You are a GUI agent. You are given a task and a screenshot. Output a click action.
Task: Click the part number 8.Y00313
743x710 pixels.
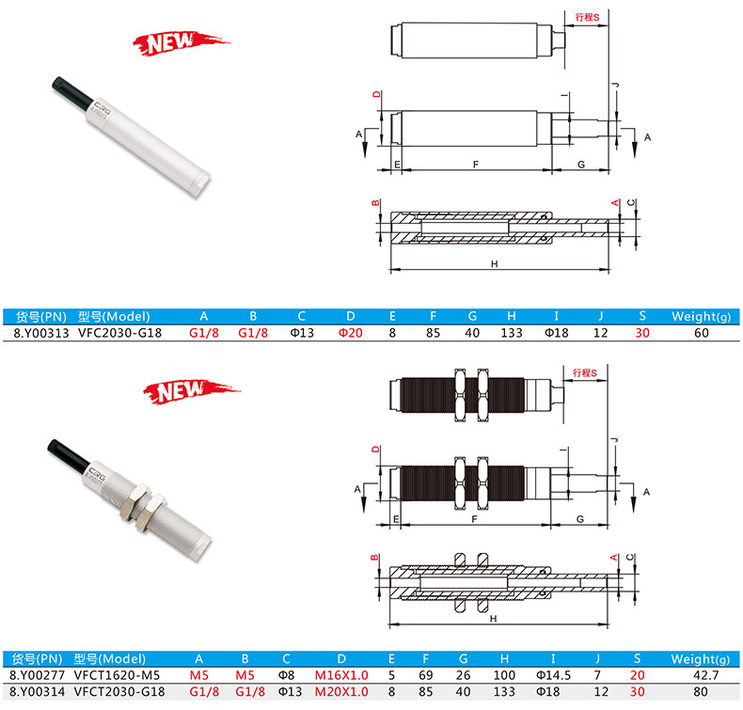click(41, 333)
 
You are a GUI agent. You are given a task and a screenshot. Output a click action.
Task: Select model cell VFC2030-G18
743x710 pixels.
click(119, 333)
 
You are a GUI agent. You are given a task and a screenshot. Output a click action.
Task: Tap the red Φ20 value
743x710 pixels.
click(350, 333)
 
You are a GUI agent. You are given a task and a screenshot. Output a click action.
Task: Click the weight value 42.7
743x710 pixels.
click(705, 675)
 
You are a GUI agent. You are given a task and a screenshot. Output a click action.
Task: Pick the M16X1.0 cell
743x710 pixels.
click(341, 675)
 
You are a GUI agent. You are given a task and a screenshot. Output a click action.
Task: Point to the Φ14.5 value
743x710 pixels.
click(553, 675)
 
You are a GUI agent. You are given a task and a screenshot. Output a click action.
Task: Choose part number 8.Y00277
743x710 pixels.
click(37, 675)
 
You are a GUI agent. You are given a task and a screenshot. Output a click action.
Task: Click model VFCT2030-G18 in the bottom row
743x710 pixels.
click(119, 691)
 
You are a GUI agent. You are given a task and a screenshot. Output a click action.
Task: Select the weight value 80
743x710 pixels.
click(701, 691)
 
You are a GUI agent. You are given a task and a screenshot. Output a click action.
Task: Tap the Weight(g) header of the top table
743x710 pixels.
click(701, 316)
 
